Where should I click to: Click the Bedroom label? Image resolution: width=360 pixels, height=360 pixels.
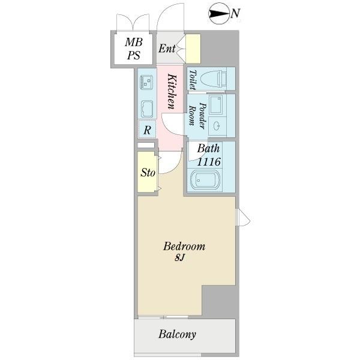click(184, 247)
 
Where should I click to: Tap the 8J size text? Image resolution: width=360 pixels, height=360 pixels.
click(179, 258)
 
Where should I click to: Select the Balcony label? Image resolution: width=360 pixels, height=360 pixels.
click(177, 334)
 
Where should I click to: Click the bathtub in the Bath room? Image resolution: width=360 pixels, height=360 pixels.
click(205, 180)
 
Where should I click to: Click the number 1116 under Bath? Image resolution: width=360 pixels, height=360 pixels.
click(209, 161)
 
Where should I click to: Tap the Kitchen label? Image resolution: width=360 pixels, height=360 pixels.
click(172, 91)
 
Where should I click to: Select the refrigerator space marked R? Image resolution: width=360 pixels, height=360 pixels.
click(147, 129)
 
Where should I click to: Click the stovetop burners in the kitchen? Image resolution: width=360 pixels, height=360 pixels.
click(146, 83)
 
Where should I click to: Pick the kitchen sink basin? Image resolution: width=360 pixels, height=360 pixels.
click(147, 109)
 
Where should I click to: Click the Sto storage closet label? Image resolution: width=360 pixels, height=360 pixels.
click(148, 172)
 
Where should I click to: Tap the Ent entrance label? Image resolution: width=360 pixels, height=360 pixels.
click(167, 48)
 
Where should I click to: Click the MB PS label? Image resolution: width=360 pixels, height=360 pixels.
click(134, 49)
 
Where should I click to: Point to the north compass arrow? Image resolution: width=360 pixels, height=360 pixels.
click(219, 14)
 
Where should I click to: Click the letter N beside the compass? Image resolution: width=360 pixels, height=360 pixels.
click(235, 13)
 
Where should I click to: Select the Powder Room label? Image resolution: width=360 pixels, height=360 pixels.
click(197, 115)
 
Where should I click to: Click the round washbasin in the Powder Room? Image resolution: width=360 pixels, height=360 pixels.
click(217, 126)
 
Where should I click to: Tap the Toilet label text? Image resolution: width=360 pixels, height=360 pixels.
click(193, 80)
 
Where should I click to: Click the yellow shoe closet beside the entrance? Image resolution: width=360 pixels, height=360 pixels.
click(193, 49)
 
